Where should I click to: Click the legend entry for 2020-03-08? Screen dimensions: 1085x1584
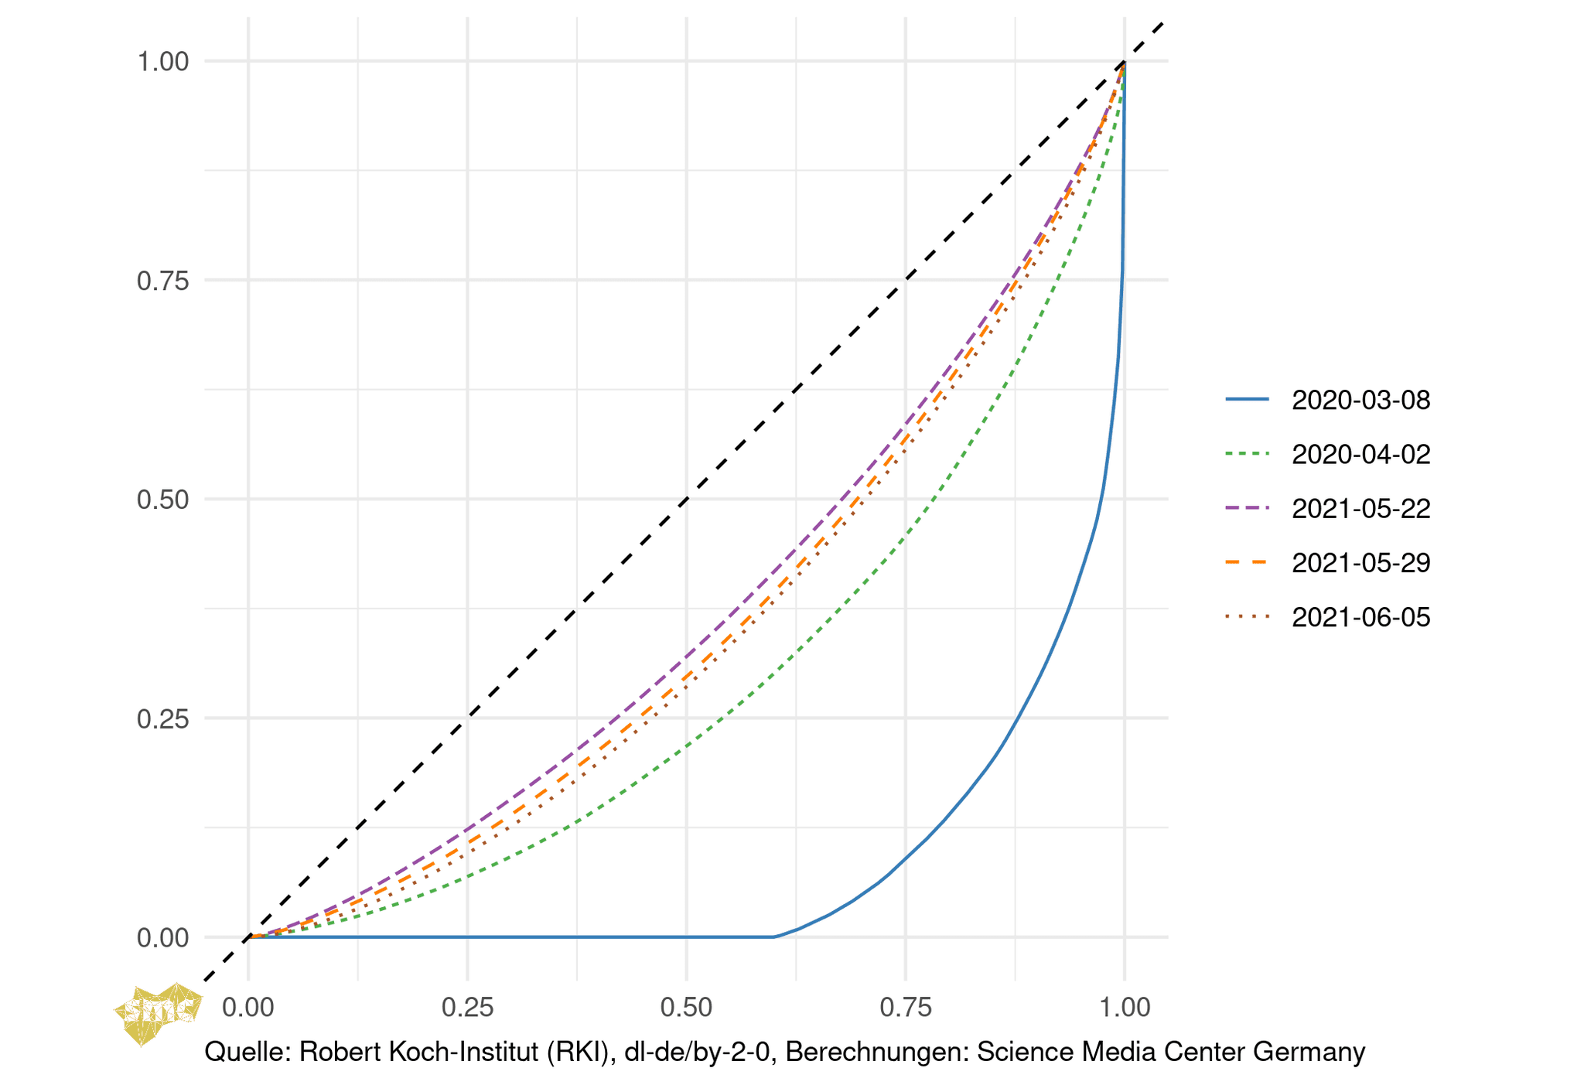(1360, 400)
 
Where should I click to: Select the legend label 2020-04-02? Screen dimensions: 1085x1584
(1360, 454)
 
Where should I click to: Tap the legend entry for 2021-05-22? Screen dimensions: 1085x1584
(1360, 508)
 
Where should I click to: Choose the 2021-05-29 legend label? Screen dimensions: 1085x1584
(1360, 562)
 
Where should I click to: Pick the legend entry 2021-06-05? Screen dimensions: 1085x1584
(1360, 617)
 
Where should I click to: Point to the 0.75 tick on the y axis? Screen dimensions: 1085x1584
(163, 281)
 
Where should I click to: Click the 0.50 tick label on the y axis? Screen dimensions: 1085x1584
(163, 500)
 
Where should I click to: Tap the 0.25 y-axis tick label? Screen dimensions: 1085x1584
(163, 718)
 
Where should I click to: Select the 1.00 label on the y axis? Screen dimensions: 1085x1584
(163, 62)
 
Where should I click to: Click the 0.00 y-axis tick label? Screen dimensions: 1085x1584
(163, 938)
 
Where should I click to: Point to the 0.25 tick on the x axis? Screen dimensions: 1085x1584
(467, 1007)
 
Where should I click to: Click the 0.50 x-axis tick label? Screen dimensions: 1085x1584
(686, 1007)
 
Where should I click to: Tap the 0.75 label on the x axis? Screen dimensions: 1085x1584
(906, 1007)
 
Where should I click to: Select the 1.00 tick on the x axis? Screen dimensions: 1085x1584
(1125, 1007)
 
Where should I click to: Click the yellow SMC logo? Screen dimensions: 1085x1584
(158, 1012)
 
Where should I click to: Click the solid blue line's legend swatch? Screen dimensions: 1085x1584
(1247, 400)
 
